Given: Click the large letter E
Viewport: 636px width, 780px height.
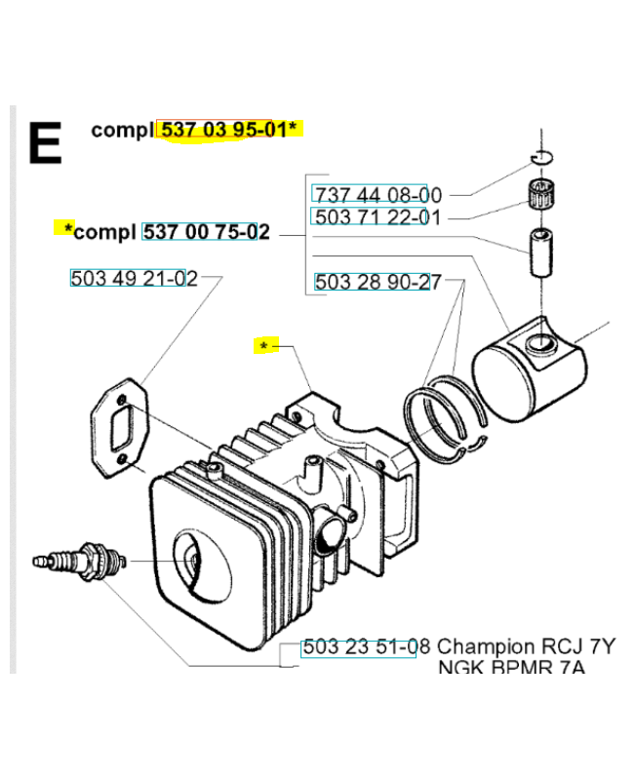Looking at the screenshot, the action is click(x=45, y=142).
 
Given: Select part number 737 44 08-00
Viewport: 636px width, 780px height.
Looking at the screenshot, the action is click(x=378, y=195).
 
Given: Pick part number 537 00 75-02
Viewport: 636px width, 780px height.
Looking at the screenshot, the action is click(x=207, y=232).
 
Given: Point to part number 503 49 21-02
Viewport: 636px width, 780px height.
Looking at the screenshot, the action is click(x=134, y=278).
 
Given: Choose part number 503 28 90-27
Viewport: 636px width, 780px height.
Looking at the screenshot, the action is click(x=378, y=282).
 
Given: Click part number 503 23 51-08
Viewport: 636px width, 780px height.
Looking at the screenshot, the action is click(x=367, y=646).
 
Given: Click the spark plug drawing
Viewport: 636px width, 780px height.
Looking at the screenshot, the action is click(x=80, y=562).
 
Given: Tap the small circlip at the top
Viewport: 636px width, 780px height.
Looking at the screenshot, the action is click(x=541, y=157).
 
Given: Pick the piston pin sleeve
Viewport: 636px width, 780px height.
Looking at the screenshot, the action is click(x=541, y=253).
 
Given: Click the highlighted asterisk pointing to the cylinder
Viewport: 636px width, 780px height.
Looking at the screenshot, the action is click(x=263, y=346).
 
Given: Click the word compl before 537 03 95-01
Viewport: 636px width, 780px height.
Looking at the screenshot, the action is click(x=123, y=131).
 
